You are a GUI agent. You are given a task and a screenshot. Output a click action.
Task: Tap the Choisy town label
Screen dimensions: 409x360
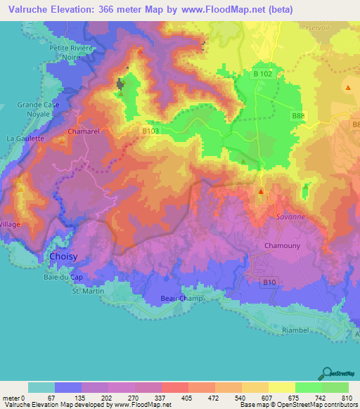tap(64, 257)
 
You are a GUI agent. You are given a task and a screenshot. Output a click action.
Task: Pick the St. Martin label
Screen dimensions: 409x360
tap(88, 291)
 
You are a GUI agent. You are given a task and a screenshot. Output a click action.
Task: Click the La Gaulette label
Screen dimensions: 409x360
tap(25, 138)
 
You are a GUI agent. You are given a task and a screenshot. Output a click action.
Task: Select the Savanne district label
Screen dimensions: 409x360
tap(290, 217)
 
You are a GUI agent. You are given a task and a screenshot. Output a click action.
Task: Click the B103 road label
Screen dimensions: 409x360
tap(150, 131)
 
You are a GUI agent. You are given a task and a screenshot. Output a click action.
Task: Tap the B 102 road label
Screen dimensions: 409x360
tap(262, 74)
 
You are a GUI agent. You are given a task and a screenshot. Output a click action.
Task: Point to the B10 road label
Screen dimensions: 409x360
tap(269, 283)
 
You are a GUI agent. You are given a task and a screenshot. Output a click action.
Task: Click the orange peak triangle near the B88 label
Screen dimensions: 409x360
tap(347, 87)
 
